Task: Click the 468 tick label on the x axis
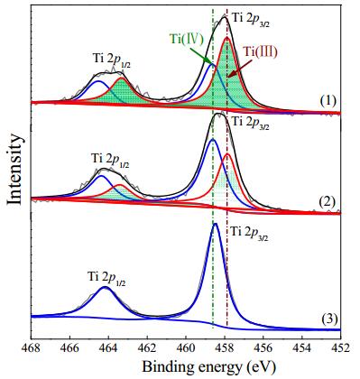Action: click(x=32, y=348)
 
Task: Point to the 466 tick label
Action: click(x=69, y=348)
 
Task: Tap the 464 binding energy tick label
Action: click(x=108, y=348)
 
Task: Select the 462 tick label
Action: click(x=147, y=348)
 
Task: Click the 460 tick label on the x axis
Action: click(x=186, y=348)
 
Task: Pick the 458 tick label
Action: click(x=225, y=348)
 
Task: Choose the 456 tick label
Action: click(x=263, y=348)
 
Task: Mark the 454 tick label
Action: click(x=302, y=348)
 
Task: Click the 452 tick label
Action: click(x=340, y=348)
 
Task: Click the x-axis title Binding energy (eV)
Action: click(x=208, y=367)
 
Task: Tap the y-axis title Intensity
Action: click(x=14, y=169)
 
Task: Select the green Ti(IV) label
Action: click(x=187, y=39)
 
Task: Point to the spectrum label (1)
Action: click(x=328, y=101)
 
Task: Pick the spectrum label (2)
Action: click(x=328, y=201)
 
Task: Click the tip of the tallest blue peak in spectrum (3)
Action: click(x=215, y=224)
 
